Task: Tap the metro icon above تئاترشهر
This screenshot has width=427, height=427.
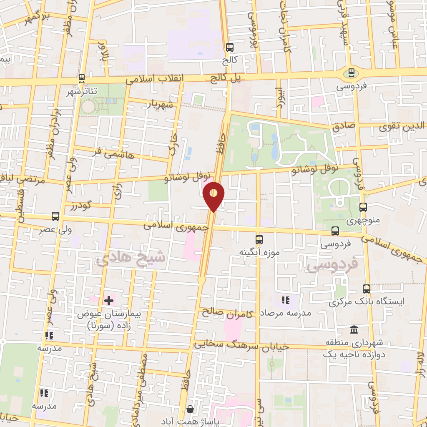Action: [x=82, y=78]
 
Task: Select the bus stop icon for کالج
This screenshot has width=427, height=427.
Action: [x=230, y=48]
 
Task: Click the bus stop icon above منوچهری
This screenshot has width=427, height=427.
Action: [x=363, y=207]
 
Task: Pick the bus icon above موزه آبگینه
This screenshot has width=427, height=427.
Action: [x=259, y=240]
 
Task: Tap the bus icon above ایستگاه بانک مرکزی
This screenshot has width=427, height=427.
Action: [x=367, y=289]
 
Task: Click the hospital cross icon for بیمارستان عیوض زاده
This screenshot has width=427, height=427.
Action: [x=109, y=300]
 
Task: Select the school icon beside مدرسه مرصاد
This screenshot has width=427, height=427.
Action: [x=285, y=300]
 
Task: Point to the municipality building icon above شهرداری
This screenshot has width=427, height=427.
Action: [x=354, y=330]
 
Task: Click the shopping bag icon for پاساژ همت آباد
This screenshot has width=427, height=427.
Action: [x=190, y=409]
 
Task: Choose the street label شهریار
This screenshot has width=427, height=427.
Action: [x=159, y=104]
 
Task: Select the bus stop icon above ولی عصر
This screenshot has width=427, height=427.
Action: [x=55, y=216]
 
